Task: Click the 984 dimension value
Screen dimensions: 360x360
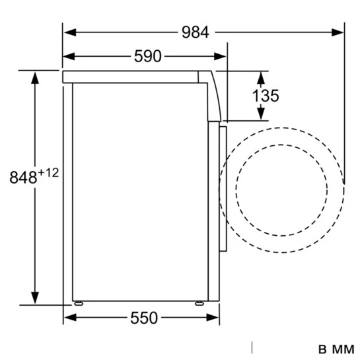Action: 195,32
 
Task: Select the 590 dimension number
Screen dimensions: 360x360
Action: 147,56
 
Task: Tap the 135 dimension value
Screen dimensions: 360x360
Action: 266,96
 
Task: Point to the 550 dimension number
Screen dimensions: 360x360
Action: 144,318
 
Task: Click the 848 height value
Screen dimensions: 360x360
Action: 23,177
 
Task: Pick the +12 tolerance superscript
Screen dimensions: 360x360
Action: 48,173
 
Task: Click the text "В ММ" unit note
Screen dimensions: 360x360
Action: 336,349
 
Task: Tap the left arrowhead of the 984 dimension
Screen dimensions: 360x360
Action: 70,32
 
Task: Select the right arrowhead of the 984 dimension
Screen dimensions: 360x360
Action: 338,32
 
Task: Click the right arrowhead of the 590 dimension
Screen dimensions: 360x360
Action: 220,56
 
